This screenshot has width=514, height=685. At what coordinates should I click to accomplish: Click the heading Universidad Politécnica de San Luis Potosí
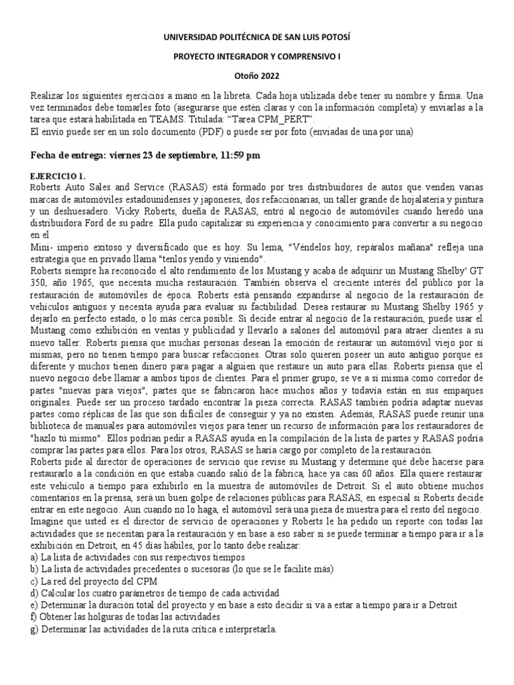[257, 39]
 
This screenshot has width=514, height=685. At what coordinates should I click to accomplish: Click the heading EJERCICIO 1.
[58, 175]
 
